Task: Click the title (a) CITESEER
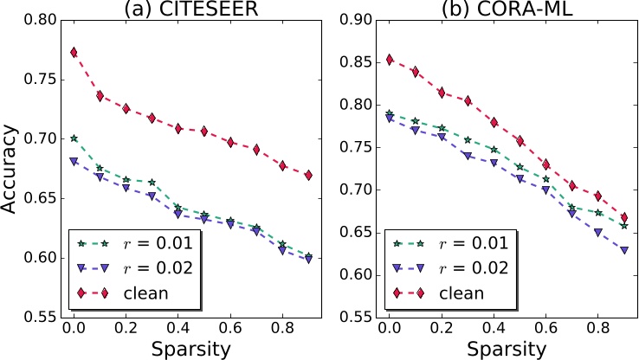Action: (x=191, y=10)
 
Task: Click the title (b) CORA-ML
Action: (x=508, y=10)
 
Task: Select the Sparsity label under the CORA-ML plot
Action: (x=507, y=348)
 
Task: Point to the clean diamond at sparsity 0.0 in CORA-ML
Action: (x=390, y=60)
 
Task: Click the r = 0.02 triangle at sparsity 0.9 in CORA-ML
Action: (x=623, y=250)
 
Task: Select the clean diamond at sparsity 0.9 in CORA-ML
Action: (x=623, y=217)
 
